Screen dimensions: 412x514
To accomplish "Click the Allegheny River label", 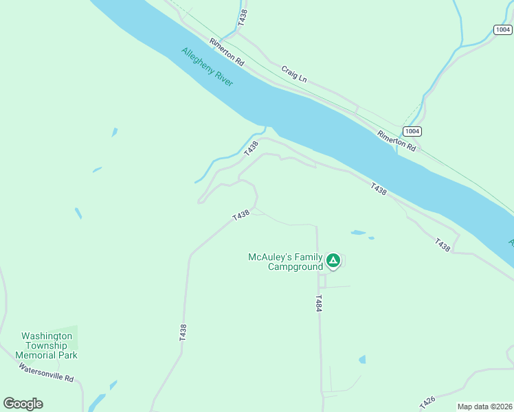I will pos(208,67).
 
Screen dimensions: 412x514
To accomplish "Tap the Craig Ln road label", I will pos(293,74).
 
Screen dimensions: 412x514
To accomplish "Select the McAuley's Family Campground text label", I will pos(285,262).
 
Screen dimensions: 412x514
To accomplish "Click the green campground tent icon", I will pos(333,260).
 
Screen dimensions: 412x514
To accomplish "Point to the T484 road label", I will pos(319,305).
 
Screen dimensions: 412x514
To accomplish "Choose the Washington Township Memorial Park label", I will pos(46,346).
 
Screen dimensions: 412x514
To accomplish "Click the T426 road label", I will pos(427,402).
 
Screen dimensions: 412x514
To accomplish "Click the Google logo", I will pos(23,404).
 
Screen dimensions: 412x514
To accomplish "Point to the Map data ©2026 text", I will pos(484,407).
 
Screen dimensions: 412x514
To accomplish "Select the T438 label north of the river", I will pos(242,19).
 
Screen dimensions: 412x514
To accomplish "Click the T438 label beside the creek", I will pos(252,147).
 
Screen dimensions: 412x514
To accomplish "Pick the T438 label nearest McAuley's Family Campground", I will pos(241,216).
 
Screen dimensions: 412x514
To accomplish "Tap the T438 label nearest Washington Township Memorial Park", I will pos(183,333).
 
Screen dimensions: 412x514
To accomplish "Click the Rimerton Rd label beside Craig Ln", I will pos(227,52).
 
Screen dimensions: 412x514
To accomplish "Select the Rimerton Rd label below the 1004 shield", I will pos(397,141).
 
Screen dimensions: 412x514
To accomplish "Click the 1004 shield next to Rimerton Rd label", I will pos(412,131).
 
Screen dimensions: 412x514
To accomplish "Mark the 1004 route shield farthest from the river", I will pos(502,30).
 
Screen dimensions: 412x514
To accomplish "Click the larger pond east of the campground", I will pos(358,233).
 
